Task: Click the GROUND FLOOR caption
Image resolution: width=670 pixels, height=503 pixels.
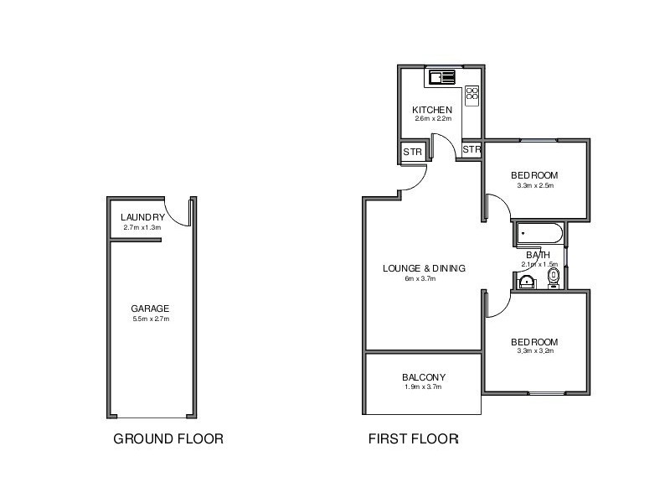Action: click(168, 438)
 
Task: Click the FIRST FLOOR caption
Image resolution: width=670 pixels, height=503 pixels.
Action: click(414, 438)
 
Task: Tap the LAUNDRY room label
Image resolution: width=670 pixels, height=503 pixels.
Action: click(142, 217)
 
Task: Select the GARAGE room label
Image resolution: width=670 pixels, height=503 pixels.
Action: click(150, 309)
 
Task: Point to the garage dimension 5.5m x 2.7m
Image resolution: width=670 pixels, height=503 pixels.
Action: click(151, 319)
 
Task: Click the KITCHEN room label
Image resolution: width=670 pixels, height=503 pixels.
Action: click(432, 110)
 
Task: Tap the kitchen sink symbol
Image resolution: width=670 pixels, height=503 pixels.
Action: click(441, 78)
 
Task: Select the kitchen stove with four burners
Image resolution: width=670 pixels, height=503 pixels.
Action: click(472, 94)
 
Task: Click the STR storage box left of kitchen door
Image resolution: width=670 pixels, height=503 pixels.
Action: click(412, 152)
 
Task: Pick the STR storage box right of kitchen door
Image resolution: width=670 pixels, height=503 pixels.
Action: click(472, 149)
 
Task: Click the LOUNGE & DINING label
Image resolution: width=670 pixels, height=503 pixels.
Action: click(424, 268)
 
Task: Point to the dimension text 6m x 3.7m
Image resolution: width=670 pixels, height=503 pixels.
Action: click(420, 278)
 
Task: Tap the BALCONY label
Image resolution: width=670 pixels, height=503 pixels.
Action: click(424, 377)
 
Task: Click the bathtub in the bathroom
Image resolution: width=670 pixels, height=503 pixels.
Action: click(539, 233)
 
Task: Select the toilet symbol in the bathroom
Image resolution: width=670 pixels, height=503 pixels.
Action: click(552, 277)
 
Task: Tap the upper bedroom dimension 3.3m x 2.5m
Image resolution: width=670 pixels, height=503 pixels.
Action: click(534, 185)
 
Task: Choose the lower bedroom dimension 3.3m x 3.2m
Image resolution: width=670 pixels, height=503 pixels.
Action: click(534, 351)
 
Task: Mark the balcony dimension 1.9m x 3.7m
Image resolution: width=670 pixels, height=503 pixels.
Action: click(423, 387)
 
